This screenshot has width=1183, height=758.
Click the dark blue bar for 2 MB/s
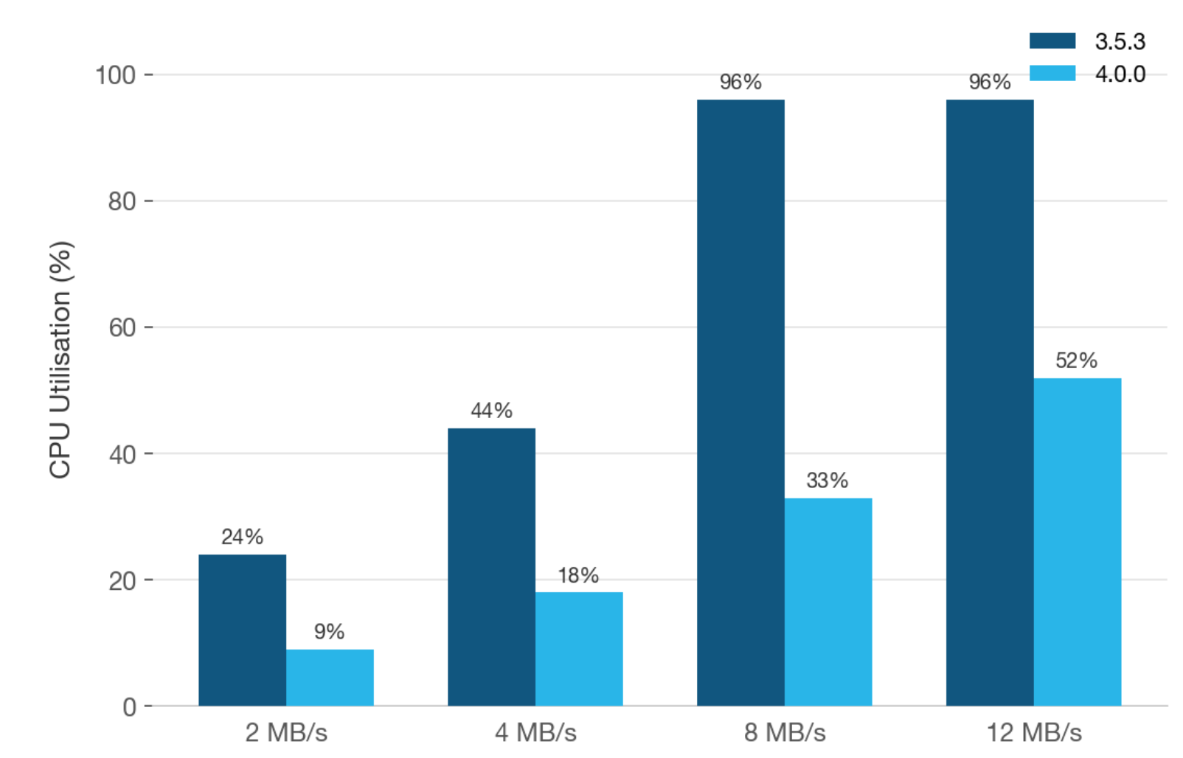tap(242, 630)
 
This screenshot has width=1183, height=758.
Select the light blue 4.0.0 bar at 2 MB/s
tap(330, 678)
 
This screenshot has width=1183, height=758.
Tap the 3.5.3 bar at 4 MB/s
tap(491, 567)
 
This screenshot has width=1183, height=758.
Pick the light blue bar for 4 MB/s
tap(579, 649)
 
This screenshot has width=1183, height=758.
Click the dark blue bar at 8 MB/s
tap(740, 403)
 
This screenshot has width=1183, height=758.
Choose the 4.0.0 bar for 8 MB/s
tap(828, 602)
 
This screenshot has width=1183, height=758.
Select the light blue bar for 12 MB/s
tap(1078, 542)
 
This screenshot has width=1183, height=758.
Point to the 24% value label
tap(242, 537)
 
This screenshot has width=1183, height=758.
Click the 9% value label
tap(329, 632)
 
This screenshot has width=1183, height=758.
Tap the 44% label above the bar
tap(491, 411)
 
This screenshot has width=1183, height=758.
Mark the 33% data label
tap(828, 481)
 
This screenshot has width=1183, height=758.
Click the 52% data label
tap(1076, 361)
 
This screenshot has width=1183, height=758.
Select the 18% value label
tap(578, 575)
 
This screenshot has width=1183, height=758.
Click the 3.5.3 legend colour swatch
tap(1052, 41)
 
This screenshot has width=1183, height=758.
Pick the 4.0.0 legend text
tap(1120, 74)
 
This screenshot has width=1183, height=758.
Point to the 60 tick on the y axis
tap(122, 327)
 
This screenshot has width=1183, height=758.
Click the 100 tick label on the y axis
tap(116, 75)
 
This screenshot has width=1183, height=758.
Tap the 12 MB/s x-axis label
tap(1034, 733)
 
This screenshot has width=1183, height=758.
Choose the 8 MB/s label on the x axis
tap(785, 733)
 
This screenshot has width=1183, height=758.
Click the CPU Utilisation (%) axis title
tap(60, 359)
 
